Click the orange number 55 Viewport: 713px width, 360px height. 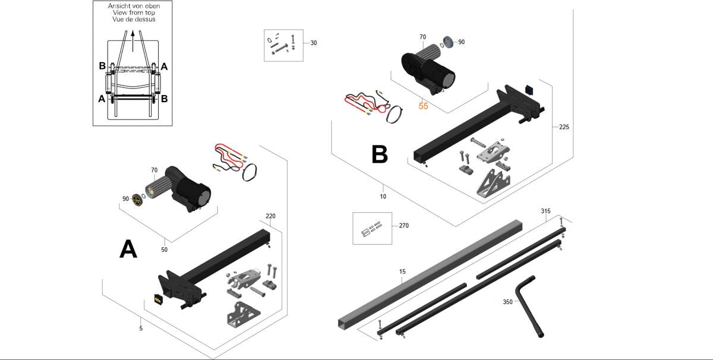pos(423,106)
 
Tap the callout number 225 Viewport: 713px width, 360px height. pos(564,127)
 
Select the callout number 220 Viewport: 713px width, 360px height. pos(270,216)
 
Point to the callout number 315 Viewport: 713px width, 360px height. pos(545,211)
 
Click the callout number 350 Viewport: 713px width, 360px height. pos(507,302)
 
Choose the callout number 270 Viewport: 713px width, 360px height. pos(403,226)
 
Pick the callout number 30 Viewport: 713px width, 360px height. pos(314,43)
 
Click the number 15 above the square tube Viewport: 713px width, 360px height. pos(402,272)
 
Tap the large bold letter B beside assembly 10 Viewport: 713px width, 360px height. pos(380,154)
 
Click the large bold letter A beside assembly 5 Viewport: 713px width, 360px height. pos(128,250)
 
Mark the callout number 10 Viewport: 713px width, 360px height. pos(383,197)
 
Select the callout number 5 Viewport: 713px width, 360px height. pos(141,328)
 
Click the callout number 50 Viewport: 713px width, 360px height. pos(165,250)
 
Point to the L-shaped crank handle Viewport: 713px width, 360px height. pos(529,303)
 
